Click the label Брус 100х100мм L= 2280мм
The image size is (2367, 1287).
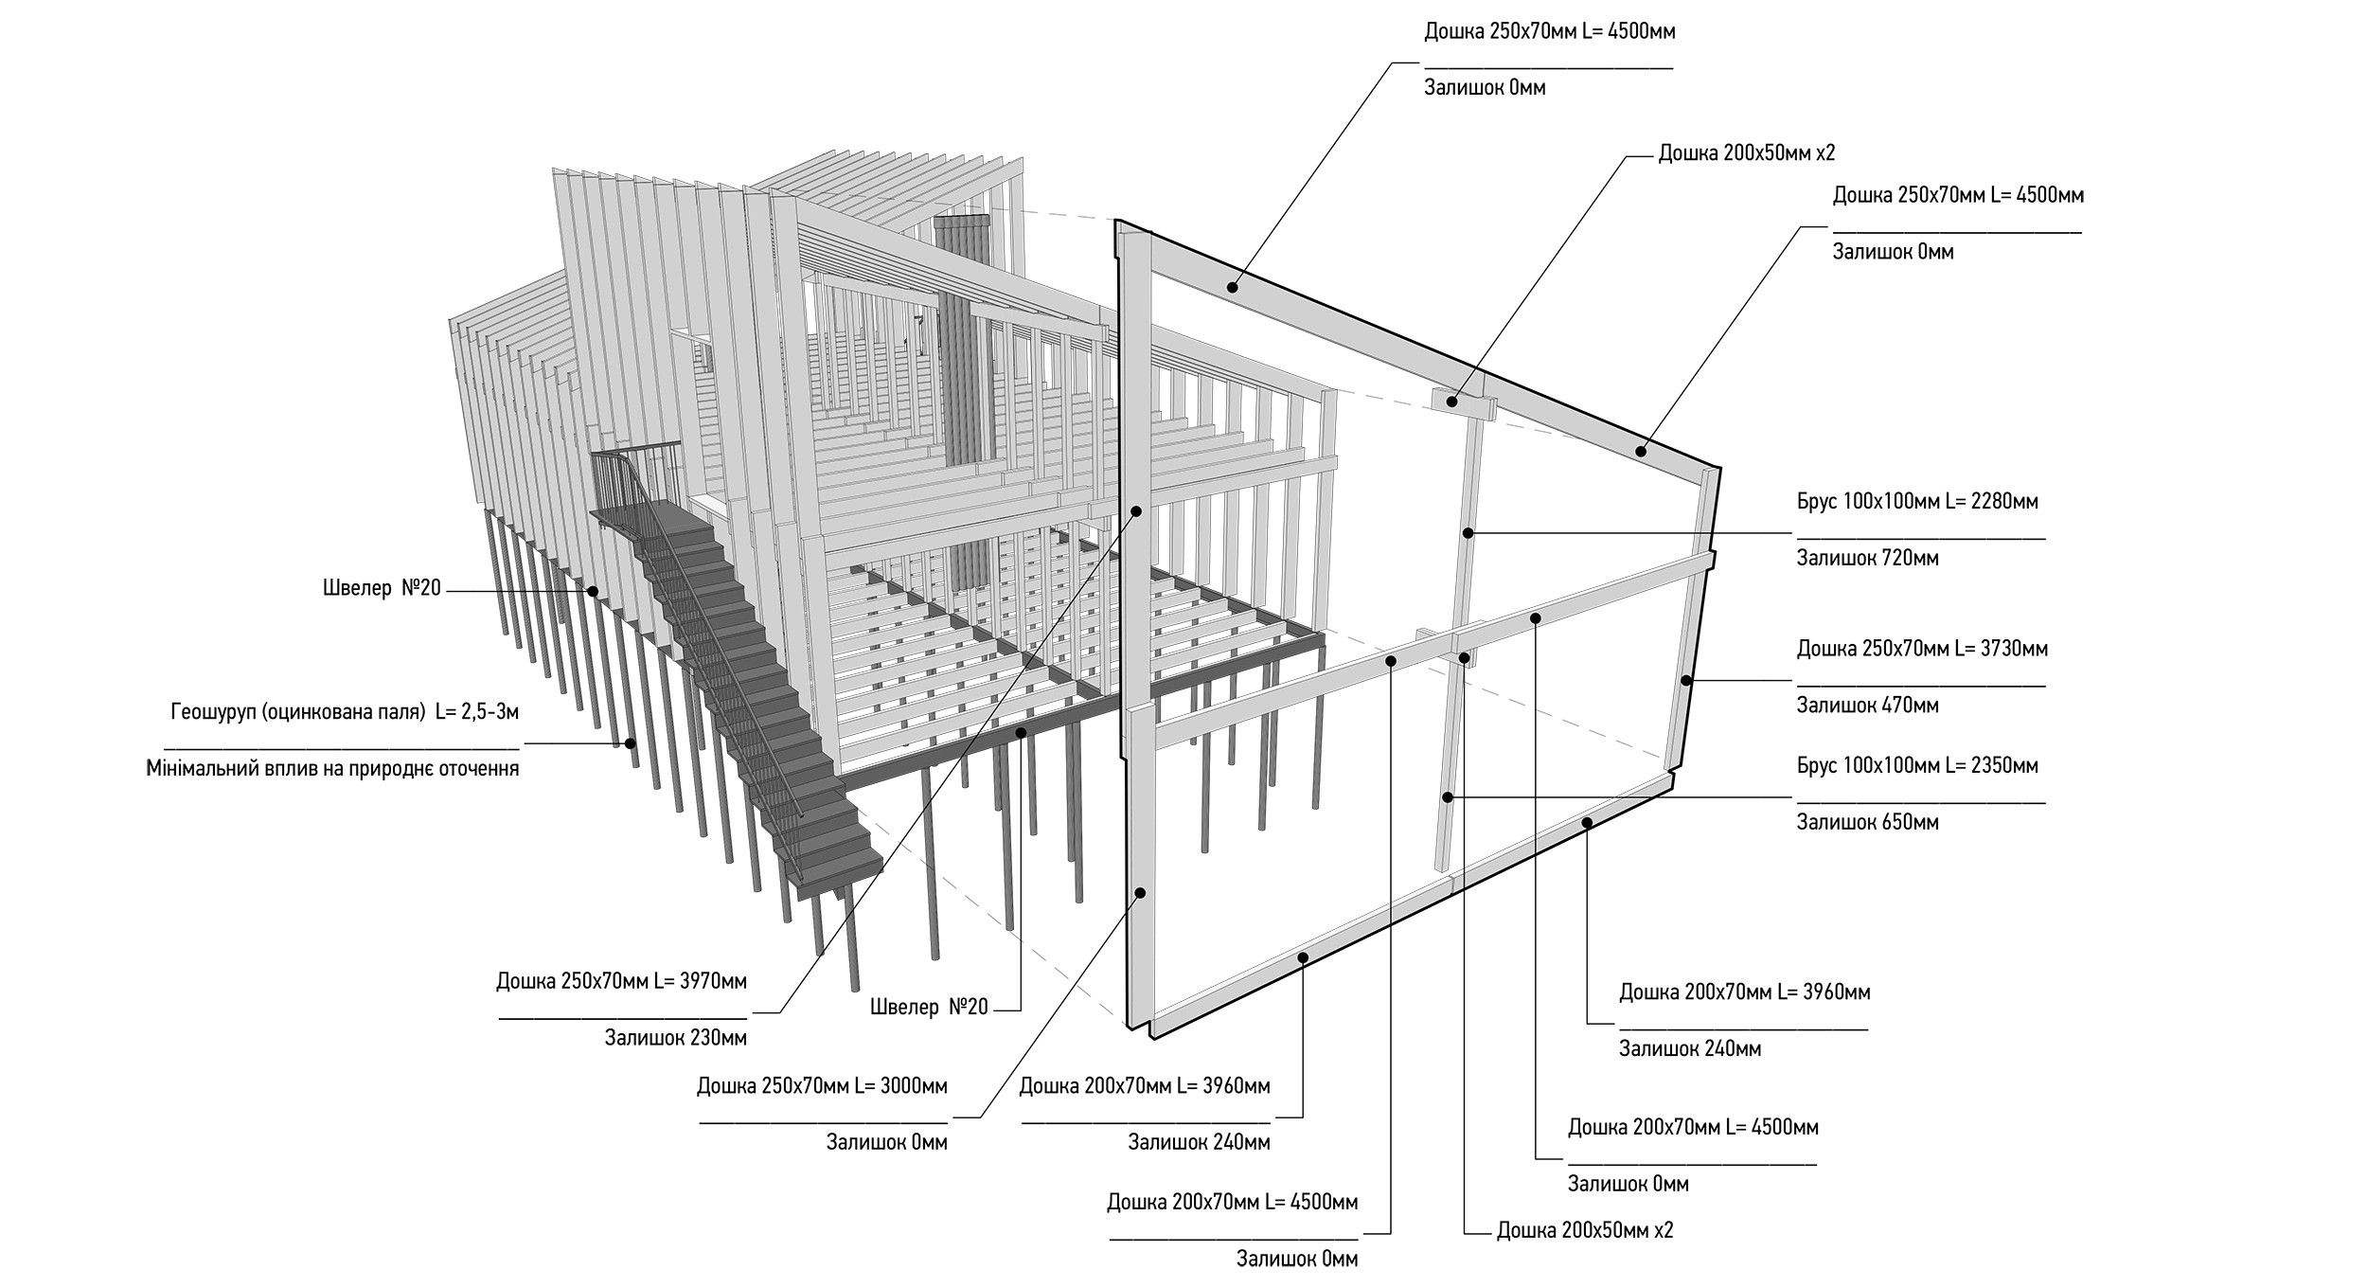click(x=1917, y=501)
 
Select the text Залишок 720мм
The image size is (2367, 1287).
click(x=1867, y=558)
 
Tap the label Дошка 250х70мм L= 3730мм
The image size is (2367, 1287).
click(x=1922, y=649)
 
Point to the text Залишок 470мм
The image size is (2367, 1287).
click(x=1867, y=706)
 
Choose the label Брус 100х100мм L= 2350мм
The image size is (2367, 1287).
click(x=1917, y=765)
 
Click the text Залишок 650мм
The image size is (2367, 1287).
click(x=1867, y=822)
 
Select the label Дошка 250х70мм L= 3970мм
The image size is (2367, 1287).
click(x=621, y=981)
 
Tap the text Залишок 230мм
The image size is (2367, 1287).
click(x=675, y=1038)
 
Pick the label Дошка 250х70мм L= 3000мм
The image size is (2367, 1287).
click(x=822, y=1085)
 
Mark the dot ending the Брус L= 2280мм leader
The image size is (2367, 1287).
click(x=1468, y=533)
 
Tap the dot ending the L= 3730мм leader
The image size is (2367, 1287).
click(x=1686, y=680)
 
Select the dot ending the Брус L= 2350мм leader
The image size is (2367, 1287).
click(x=1448, y=797)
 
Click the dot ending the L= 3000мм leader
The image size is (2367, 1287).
click(x=1141, y=893)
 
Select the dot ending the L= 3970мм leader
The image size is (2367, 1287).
click(x=1136, y=511)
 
